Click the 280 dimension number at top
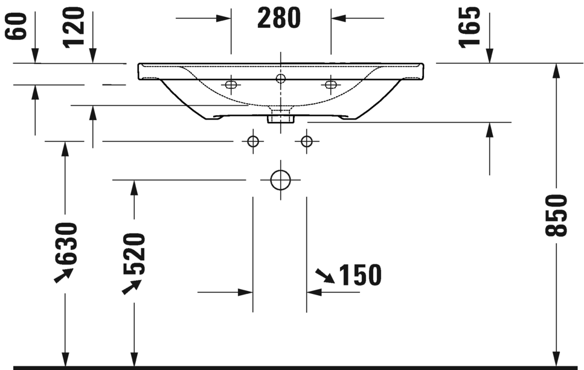279,19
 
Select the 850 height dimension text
556,215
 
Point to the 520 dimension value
134,254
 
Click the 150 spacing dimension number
360,275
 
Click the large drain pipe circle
280,180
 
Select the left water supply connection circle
253,141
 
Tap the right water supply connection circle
307,141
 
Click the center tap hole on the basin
280,78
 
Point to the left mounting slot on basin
230,85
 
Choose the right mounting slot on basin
330,85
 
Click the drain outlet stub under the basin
280,116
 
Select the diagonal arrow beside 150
325,276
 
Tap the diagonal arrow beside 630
63,275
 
